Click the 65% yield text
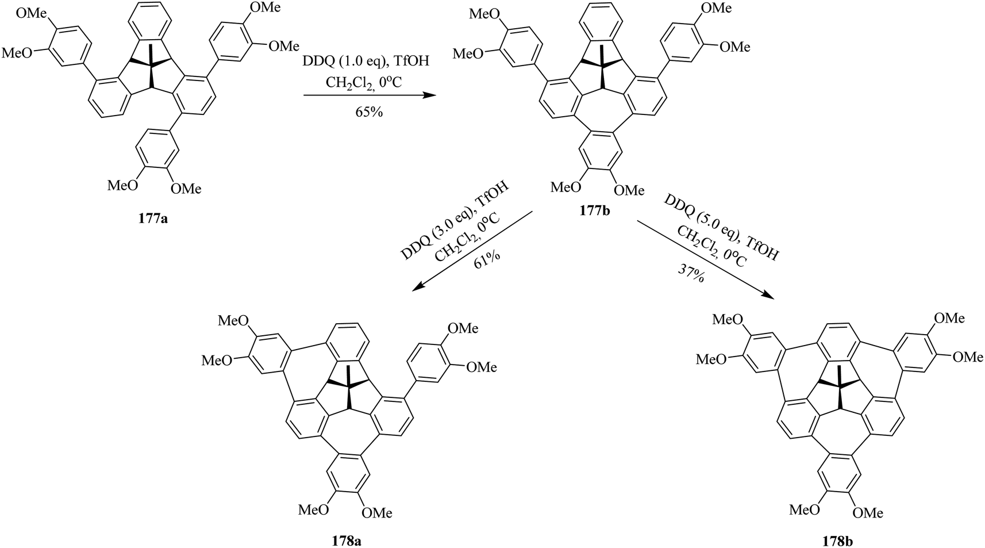pyautogui.click(x=368, y=112)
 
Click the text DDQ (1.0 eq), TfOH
pyautogui.click(x=368, y=61)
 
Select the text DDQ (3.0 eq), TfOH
pyautogui.click(x=453, y=221)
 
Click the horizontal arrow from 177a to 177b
pyautogui.click(x=368, y=96)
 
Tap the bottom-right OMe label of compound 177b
pyautogui.click(x=628, y=190)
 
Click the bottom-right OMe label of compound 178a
pyautogui.click(x=376, y=512)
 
